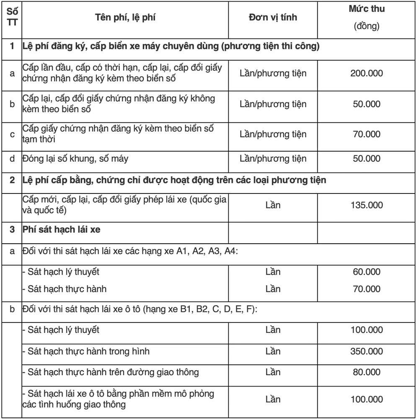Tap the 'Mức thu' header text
pyautogui.click(x=367, y=9)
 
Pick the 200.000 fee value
pyautogui.click(x=367, y=73)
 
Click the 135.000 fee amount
pyautogui.click(x=367, y=206)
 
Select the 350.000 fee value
pyautogui.click(x=367, y=351)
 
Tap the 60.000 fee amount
pyautogui.click(x=367, y=273)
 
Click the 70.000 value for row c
pyautogui.click(x=367, y=134)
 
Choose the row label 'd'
pyautogui.click(x=13, y=159)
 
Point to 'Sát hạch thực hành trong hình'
pyautogui.click(x=86, y=351)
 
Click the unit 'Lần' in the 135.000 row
pyautogui.click(x=272, y=206)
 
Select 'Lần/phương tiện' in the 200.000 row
pyautogui.click(x=272, y=73)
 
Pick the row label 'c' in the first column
pyautogui.click(x=13, y=134)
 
